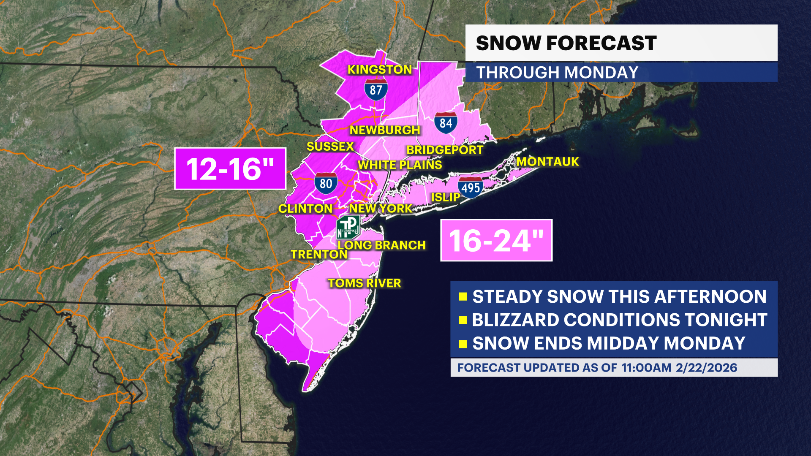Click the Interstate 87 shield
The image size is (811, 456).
coord(376,90)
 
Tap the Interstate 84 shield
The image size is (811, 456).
coord(446,123)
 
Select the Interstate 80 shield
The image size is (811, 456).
coord(326,183)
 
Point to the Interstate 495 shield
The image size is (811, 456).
coord(470,188)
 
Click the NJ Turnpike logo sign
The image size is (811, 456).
coord(348,227)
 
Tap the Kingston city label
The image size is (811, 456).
coord(379,70)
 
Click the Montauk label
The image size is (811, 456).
coord(547,162)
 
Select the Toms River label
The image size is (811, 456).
coord(365,283)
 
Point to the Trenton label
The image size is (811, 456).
coord(319,255)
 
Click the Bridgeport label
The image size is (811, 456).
coord(444,150)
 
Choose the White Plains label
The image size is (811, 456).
coord(400,165)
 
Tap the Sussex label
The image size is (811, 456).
coord(330,147)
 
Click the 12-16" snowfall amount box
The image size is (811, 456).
coord(230,169)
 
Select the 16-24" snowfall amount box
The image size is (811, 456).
coord(496,241)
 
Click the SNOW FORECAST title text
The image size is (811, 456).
coord(566,43)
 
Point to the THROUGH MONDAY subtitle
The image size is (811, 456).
coord(557,73)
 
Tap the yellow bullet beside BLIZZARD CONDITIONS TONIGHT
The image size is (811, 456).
coord(463,320)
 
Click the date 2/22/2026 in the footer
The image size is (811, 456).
coord(706,368)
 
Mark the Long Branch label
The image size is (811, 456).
coord(381,245)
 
